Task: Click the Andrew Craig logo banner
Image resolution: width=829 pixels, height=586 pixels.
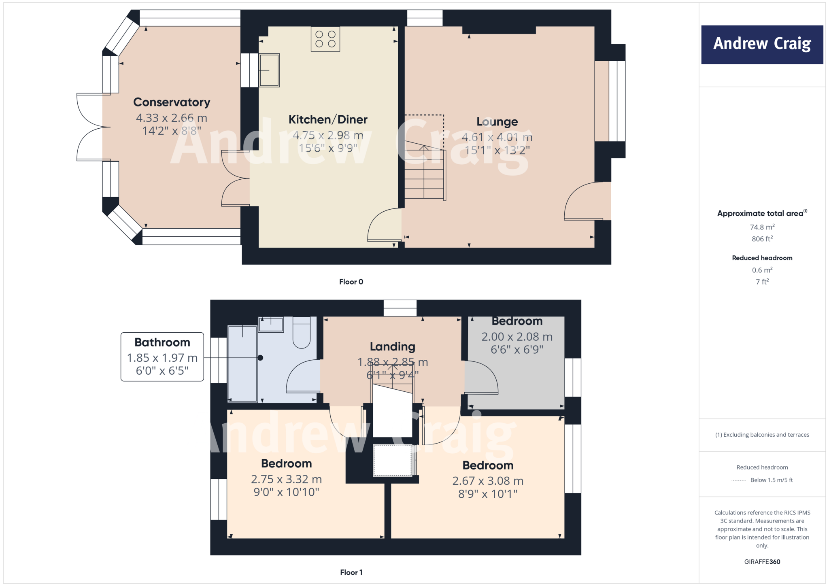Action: [762, 45]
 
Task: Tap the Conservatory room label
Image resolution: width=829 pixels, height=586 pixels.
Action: [172, 102]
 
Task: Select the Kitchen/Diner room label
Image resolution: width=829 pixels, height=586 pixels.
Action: [328, 120]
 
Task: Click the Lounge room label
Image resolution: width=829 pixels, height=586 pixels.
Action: [497, 122]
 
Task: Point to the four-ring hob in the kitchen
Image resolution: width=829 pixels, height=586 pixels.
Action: [325, 39]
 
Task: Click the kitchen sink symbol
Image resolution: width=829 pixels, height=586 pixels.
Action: [269, 70]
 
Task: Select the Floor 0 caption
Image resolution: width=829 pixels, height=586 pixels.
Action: [351, 282]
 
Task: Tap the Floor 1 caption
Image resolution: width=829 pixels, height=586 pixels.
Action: [351, 572]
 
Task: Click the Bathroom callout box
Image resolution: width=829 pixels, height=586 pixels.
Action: [162, 357]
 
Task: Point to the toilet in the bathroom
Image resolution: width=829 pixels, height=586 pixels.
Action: [301, 334]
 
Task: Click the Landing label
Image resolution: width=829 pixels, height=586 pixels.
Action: [392, 347]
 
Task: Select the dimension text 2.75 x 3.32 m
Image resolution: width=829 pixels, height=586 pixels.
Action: [286, 480]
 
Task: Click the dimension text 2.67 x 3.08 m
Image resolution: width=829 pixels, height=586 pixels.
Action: [488, 481]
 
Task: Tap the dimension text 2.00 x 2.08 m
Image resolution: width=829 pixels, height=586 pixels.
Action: [517, 337]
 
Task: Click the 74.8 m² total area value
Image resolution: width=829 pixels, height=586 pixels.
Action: [762, 227]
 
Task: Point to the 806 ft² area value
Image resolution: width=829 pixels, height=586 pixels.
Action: [762, 239]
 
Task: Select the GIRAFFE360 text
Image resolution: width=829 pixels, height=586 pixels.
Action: [762, 562]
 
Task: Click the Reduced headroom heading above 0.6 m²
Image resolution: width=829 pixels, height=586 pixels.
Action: [762, 258]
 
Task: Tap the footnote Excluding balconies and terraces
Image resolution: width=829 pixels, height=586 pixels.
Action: [762, 435]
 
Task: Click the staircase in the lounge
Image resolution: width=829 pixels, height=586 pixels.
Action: [424, 174]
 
